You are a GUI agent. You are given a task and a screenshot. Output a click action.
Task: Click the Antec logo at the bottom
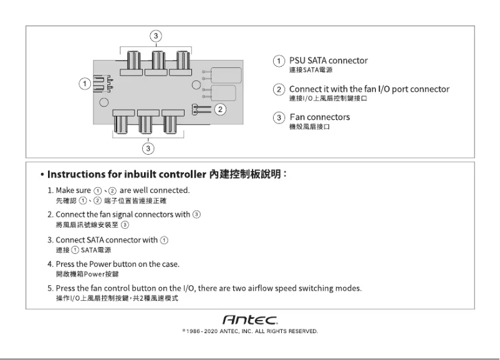pos(250,319)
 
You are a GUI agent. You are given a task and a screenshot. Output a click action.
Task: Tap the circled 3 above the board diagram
pos(156,36)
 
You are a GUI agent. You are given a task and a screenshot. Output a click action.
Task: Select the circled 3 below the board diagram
pos(148,148)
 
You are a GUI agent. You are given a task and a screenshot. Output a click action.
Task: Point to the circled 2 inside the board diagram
pos(219,109)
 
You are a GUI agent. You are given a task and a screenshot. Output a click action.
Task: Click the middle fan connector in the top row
pos(156,62)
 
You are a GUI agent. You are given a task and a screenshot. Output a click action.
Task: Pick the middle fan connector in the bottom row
pos(148,122)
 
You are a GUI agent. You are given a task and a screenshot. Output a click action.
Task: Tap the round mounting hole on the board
pos(103,103)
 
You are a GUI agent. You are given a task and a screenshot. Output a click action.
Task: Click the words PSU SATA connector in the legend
pos(329,61)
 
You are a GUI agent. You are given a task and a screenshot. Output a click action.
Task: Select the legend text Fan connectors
pos(320,117)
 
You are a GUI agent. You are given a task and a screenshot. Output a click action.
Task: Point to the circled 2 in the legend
pos(280,90)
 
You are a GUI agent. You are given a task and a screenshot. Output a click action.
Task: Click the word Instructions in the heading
pos(79,174)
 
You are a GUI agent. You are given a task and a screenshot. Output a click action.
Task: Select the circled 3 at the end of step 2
pos(197,215)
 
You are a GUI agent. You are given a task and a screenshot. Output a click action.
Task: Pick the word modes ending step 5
pos(349,288)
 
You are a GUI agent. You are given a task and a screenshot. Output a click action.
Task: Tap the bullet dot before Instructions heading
pos(41,175)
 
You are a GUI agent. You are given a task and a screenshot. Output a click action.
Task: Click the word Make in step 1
pos(65,190)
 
